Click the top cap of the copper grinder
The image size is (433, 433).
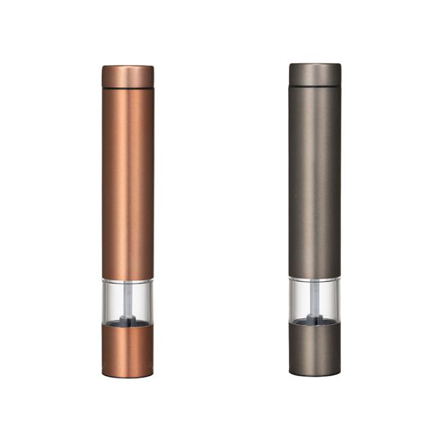pos(128,76)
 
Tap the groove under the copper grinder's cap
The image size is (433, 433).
pos(128,87)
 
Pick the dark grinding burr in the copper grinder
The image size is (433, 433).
pos(129,321)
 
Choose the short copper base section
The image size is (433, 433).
pos(128,348)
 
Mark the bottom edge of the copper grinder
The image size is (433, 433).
pos(128,375)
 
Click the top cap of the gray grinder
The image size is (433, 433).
pos(315,74)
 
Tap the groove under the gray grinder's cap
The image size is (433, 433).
pos(315,86)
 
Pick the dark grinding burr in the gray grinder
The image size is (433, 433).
pos(315,319)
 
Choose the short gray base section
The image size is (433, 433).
pos(315,348)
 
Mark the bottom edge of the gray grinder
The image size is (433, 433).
pos(315,374)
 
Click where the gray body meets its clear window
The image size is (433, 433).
pos(315,277)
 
